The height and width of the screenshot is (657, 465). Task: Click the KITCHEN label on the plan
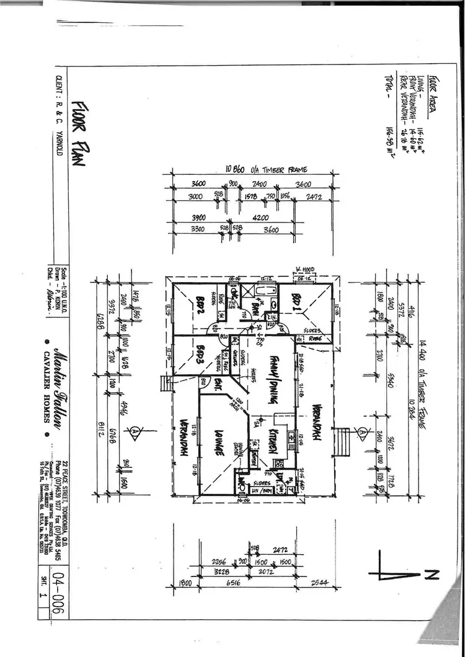point(272,440)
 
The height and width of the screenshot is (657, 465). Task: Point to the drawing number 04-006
point(56,583)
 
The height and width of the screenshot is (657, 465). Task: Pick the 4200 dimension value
point(260,218)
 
